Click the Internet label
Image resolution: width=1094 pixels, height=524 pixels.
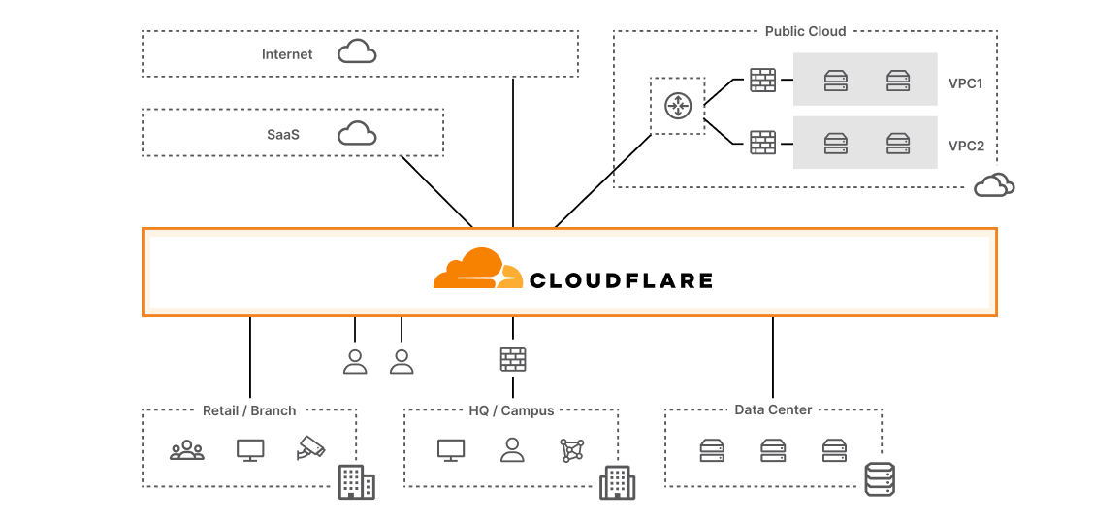pos(287,54)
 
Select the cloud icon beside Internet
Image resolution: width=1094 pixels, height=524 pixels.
pos(357,52)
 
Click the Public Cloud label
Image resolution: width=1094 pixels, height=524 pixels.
pos(805,31)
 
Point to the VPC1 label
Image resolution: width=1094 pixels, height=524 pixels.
pos(965,83)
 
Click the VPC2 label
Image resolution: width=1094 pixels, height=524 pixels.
pos(966,147)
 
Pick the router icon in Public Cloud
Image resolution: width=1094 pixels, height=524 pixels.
pos(677,106)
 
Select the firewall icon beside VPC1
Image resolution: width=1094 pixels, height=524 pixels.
pos(763,81)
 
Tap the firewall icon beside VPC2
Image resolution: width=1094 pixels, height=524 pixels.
pos(763,143)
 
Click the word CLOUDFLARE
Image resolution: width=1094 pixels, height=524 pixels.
pos(621,281)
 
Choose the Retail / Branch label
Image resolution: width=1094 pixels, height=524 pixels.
pos(249,410)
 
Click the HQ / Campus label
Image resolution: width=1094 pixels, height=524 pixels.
pos(511,410)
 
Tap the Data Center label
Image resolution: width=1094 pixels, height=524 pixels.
pos(773,409)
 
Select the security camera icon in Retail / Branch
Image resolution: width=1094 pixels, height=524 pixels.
pos(311,449)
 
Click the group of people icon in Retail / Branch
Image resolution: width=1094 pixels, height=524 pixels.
pos(187,450)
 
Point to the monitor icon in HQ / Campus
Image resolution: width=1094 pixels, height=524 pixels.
pos(451,449)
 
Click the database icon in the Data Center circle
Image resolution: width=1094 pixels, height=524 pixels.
pos(879,479)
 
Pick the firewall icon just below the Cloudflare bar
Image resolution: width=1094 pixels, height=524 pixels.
pos(513,360)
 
